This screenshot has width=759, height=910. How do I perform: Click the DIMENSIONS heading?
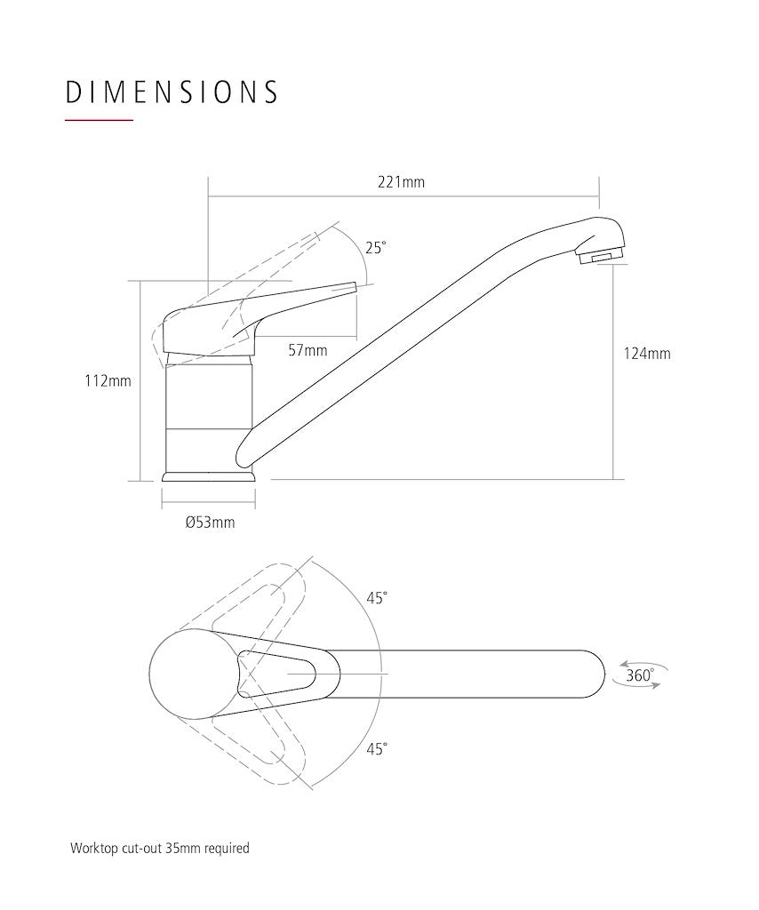click(172, 92)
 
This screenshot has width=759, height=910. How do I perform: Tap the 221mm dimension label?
click(401, 182)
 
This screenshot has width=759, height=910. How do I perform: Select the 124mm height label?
click(647, 354)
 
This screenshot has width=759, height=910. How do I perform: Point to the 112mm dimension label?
click(108, 381)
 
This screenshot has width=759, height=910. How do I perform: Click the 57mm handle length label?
click(308, 350)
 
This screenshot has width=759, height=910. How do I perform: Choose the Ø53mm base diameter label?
click(210, 523)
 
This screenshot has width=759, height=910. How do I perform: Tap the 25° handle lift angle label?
click(375, 249)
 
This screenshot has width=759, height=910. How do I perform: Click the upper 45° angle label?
click(377, 598)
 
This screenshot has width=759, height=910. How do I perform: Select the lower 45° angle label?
click(377, 749)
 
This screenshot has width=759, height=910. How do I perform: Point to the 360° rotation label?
click(640, 675)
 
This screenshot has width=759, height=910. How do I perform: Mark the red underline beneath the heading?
click(100, 120)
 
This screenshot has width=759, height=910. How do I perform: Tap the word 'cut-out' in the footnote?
click(141, 848)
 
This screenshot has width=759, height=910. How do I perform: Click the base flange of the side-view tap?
click(209, 476)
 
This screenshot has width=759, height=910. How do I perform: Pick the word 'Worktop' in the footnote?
click(94, 849)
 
